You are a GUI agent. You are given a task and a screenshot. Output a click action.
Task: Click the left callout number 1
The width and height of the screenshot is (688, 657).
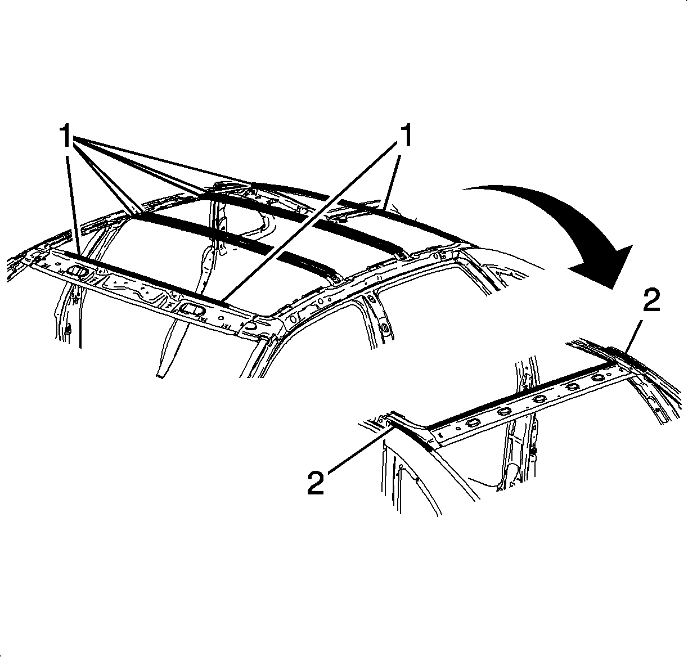pyautogui.click(x=66, y=135)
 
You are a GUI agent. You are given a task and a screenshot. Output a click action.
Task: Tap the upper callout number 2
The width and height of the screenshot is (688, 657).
pyautogui.click(x=651, y=300)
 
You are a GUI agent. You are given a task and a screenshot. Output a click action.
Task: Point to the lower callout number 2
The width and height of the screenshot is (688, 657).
pyautogui.click(x=316, y=483)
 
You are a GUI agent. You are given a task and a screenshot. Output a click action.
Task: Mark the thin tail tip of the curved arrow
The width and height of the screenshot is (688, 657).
pyautogui.click(x=462, y=190)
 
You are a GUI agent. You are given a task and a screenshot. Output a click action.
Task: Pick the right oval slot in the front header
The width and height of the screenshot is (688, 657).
pyautogui.click(x=191, y=309)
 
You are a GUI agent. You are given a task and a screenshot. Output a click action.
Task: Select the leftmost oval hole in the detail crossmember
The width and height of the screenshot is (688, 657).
pyautogui.click(x=473, y=423)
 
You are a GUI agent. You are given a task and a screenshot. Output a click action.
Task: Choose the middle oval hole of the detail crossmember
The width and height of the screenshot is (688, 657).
pyautogui.click(x=539, y=399)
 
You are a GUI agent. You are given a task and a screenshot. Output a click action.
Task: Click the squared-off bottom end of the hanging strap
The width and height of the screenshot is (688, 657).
pyautogui.click(x=160, y=376)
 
